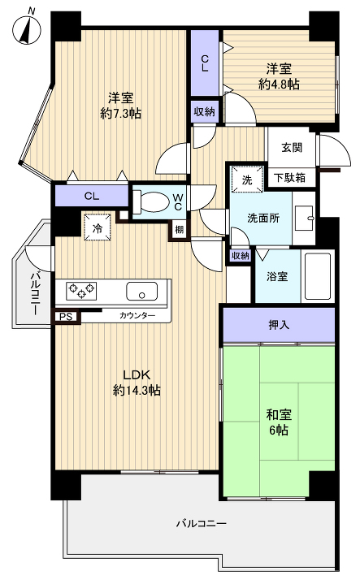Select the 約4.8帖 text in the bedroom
pos(280,84)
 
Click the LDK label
pos(136,374)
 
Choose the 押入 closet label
pos(278,325)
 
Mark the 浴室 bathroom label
pos(276,275)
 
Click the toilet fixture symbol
pos(150,202)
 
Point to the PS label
pos(63,317)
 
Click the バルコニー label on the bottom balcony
pos(202,523)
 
